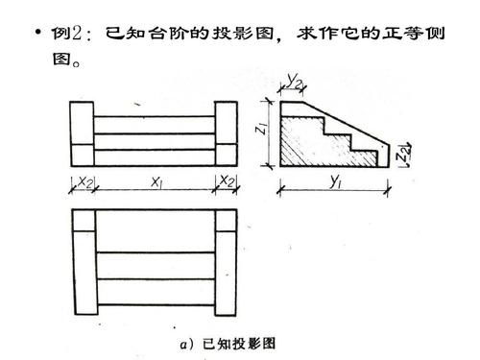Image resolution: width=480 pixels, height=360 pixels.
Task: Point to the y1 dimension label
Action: point(339,180)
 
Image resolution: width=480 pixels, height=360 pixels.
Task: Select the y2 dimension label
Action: point(296,80)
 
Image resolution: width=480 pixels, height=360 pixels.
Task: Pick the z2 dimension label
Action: point(406,153)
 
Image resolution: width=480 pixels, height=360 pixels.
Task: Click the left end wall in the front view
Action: point(84,134)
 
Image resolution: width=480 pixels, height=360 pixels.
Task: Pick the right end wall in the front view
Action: point(227,134)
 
